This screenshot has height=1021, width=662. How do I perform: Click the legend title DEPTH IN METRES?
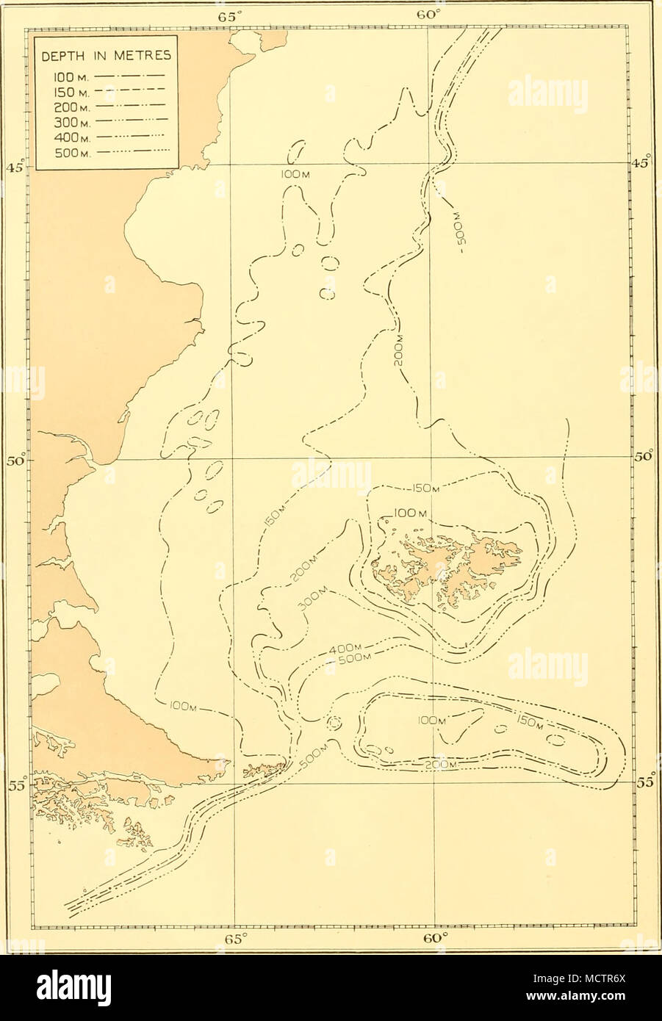103,54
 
